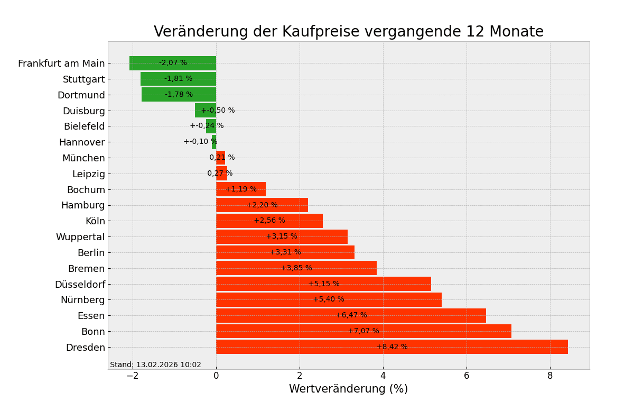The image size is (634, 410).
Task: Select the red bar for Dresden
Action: pyautogui.click(x=475, y=347)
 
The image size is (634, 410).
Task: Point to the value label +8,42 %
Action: pyautogui.click(x=392, y=347)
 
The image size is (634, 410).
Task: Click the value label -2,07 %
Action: pyautogui.click(x=173, y=63)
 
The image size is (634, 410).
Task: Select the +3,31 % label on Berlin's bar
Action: pyautogui.click(x=285, y=252)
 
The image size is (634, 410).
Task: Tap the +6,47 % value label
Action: pyautogui.click(x=351, y=315)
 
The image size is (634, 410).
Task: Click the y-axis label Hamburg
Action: pyautogui.click(x=83, y=205)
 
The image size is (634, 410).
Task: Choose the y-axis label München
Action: pyautogui.click(x=83, y=158)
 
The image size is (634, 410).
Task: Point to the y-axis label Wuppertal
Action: pyautogui.click(x=80, y=237)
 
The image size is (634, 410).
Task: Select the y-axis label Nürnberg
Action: pyautogui.click(x=82, y=300)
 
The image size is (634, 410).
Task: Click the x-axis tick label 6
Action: pyautogui.click(x=467, y=376)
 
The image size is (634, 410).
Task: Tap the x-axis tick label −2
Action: pyautogui.click(x=132, y=376)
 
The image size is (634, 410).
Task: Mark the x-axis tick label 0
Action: pyautogui.click(x=216, y=376)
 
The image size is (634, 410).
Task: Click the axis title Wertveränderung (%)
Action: pyautogui.click(x=348, y=389)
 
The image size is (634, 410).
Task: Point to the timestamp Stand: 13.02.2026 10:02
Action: pyautogui.click(x=155, y=365)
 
